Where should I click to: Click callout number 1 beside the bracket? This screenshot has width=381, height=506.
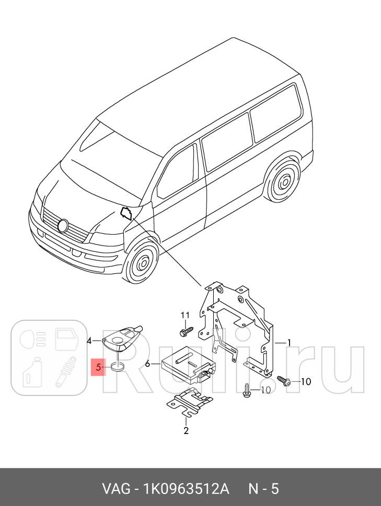(289, 343)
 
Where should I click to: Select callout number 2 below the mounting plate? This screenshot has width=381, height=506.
(186, 430)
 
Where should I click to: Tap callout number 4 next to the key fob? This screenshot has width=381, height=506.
(89, 341)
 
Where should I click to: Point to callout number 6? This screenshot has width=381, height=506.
(147, 364)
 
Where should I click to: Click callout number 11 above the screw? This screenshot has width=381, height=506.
(184, 315)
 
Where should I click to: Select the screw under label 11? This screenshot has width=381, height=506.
(184, 331)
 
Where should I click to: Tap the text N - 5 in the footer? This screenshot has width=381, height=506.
(262, 489)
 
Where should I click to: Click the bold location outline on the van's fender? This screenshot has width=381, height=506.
(126, 213)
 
